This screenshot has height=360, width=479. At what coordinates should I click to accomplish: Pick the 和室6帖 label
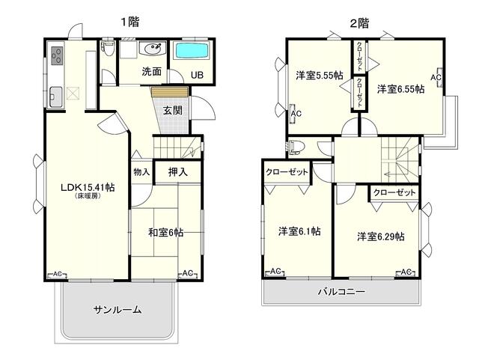pyautogui.click(x=165, y=233)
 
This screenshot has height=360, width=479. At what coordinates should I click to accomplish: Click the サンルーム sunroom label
pyautogui.click(x=118, y=310)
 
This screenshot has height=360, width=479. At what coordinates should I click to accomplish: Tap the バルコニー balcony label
pyautogui.click(x=341, y=292)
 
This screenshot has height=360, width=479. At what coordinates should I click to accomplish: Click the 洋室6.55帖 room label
pyautogui.click(x=400, y=88)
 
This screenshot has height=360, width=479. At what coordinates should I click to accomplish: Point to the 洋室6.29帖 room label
pyautogui.click(x=380, y=237)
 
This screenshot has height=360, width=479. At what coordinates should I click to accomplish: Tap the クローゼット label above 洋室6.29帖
pyautogui.click(x=394, y=192)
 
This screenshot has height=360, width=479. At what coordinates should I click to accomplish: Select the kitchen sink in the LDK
pyautogui.click(x=57, y=96)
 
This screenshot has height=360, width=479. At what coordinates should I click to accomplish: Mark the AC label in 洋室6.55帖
pyautogui.click(x=436, y=77)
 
